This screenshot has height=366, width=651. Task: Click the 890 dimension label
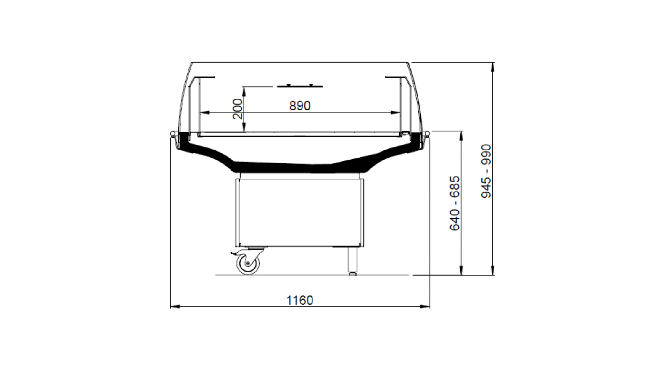(300, 106)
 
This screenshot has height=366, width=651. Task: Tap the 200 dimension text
(238, 109)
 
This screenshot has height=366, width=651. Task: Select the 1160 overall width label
(299, 300)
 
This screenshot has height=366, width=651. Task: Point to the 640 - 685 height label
(455, 203)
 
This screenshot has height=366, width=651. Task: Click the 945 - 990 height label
(486, 171)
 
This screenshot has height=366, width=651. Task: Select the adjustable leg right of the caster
(352, 261)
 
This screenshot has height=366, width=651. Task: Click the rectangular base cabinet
(300, 213)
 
